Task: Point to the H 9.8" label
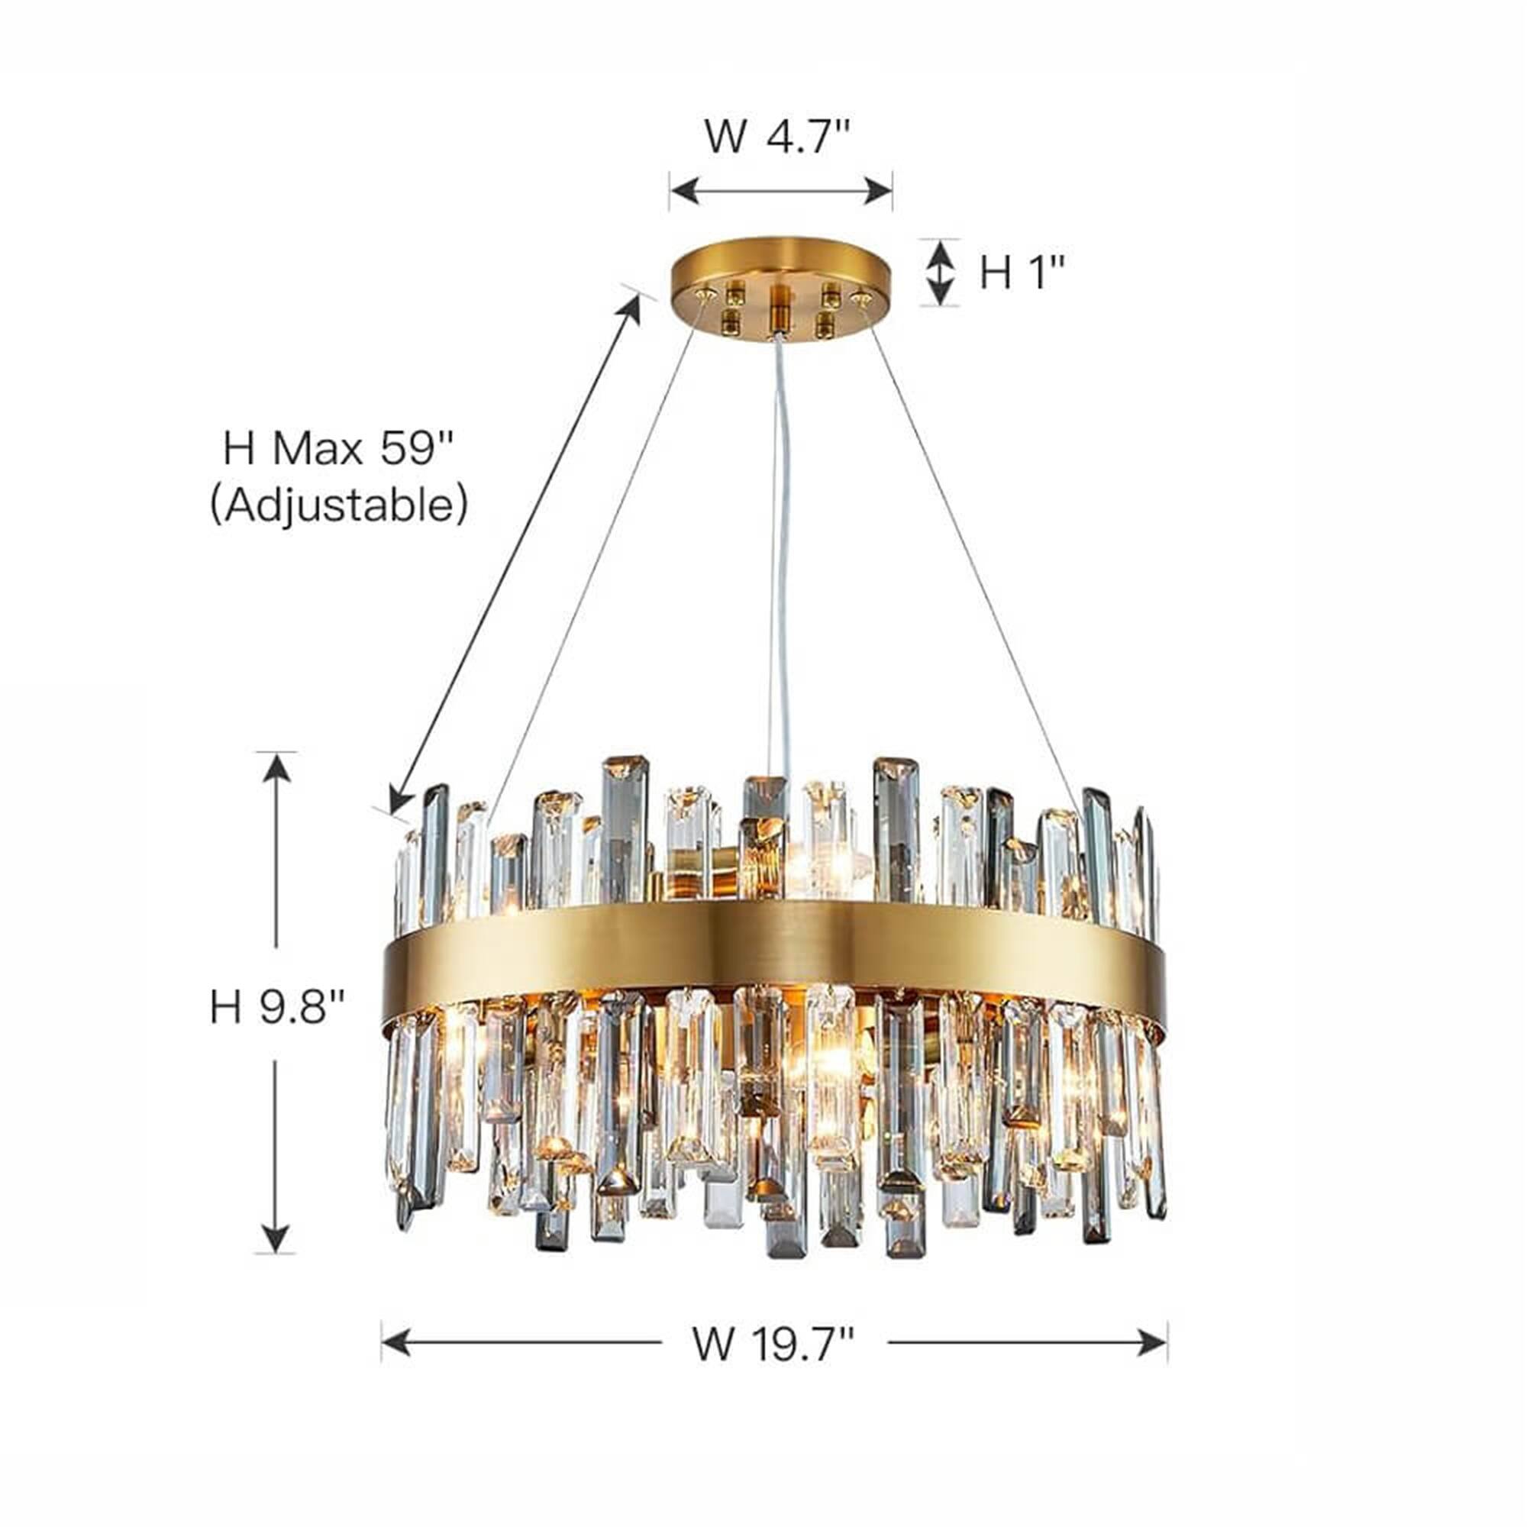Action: coord(277,1009)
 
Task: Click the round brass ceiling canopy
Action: coord(781,288)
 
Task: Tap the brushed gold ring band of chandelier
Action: coord(774,964)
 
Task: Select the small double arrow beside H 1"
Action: coord(940,273)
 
